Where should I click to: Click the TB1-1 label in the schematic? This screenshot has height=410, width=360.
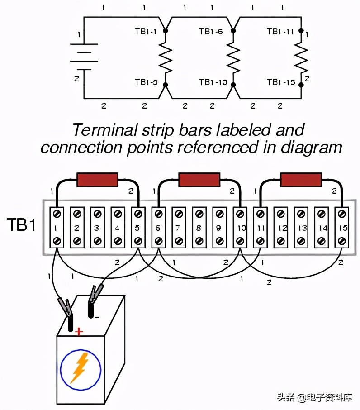146,32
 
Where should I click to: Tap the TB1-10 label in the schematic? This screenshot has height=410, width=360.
213,82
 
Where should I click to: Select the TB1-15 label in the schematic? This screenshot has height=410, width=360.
281,82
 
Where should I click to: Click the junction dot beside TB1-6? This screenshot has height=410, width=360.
233,31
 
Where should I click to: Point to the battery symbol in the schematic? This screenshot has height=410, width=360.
84,57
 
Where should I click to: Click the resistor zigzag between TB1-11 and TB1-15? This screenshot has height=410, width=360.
301,57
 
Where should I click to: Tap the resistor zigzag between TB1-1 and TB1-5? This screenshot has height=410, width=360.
166,57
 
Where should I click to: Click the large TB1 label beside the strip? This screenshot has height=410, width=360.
21,224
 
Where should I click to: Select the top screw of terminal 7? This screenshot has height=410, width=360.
179,214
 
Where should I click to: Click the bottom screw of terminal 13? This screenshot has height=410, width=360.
301,241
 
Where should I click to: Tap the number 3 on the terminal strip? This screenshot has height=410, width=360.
97,228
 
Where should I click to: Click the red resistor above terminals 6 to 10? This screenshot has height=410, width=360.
199,180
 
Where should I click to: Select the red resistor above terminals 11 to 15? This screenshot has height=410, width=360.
301,180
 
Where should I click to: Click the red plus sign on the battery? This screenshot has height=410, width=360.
79,332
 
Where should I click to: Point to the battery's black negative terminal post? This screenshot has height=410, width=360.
91,310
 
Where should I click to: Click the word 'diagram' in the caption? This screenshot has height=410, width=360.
311,148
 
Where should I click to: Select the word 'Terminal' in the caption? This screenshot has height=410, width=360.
105,130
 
